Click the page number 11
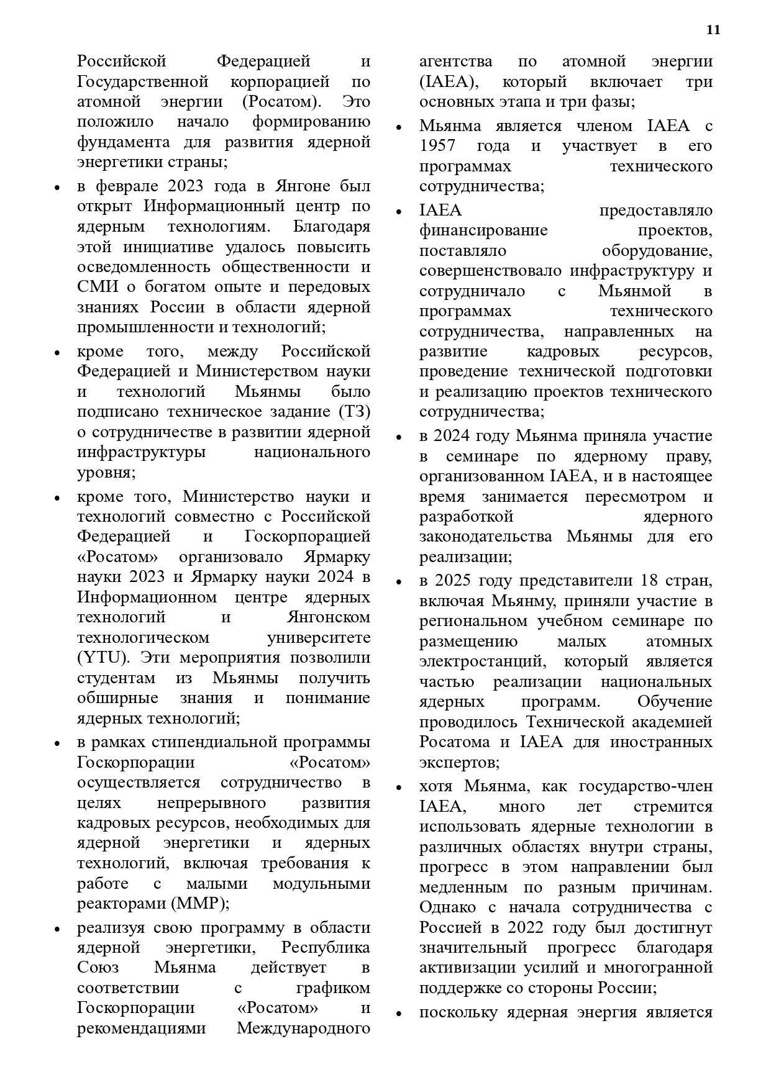pyautogui.click(x=713, y=30)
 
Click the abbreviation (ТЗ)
pyautogui.click(x=354, y=412)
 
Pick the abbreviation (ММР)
pyautogui.click(x=202, y=903)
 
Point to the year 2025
pyautogui.click(x=454, y=581)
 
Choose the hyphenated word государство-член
pyautogui.click(x=645, y=786)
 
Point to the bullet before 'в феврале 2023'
pyautogui.click(x=57, y=188)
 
